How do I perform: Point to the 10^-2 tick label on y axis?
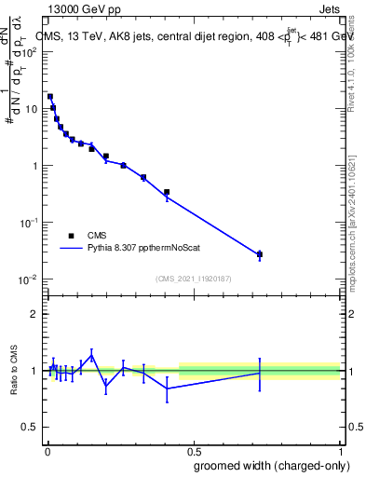click(27, 279)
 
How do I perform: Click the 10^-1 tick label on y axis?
click(27, 223)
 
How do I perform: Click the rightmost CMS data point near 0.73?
click(260, 254)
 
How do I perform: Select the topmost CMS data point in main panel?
click(50, 96)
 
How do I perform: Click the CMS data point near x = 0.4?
click(167, 193)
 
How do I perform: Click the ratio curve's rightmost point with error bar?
click(260, 373)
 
